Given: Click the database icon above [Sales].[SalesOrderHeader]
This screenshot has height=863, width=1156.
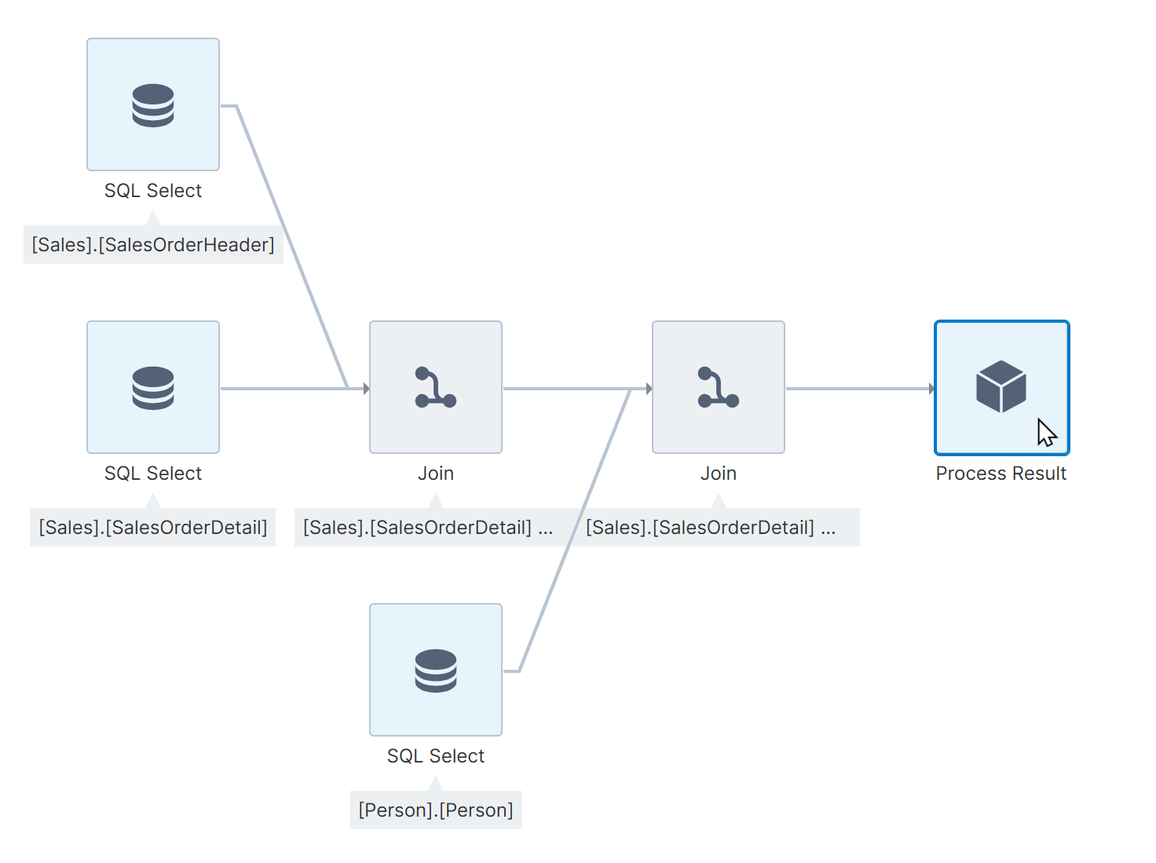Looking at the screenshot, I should point(153,105).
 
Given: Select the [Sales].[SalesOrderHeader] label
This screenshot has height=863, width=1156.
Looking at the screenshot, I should point(153,245).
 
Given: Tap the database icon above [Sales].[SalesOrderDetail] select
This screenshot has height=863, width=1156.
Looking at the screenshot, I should point(153,388).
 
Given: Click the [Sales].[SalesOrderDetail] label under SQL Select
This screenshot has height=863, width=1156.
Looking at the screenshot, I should point(153,528).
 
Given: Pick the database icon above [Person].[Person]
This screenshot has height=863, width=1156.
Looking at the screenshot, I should point(436,671).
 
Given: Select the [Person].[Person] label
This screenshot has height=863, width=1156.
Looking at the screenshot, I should point(436,810).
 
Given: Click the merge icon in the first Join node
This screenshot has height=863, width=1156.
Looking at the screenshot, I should point(435,388).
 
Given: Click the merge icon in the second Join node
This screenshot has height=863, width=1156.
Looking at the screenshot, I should point(718,388).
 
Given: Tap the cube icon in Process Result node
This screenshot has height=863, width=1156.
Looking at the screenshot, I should point(1001,386).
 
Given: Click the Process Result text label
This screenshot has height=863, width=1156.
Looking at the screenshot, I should point(1001,474).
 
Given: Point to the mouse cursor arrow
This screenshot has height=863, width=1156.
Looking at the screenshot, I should point(1046,433).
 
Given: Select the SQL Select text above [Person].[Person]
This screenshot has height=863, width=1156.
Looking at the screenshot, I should point(436,756).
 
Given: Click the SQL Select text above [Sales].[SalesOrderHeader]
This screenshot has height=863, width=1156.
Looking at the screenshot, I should point(153,191).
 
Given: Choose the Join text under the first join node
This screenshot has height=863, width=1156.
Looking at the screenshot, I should point(436,474).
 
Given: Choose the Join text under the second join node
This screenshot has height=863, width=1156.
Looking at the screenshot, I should point(719,474).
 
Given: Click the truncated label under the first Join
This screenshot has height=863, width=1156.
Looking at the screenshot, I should point(428,528).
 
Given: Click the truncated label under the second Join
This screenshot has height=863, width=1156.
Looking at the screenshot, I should point(711,528).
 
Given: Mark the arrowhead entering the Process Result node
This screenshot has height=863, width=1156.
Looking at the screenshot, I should point(931,389).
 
